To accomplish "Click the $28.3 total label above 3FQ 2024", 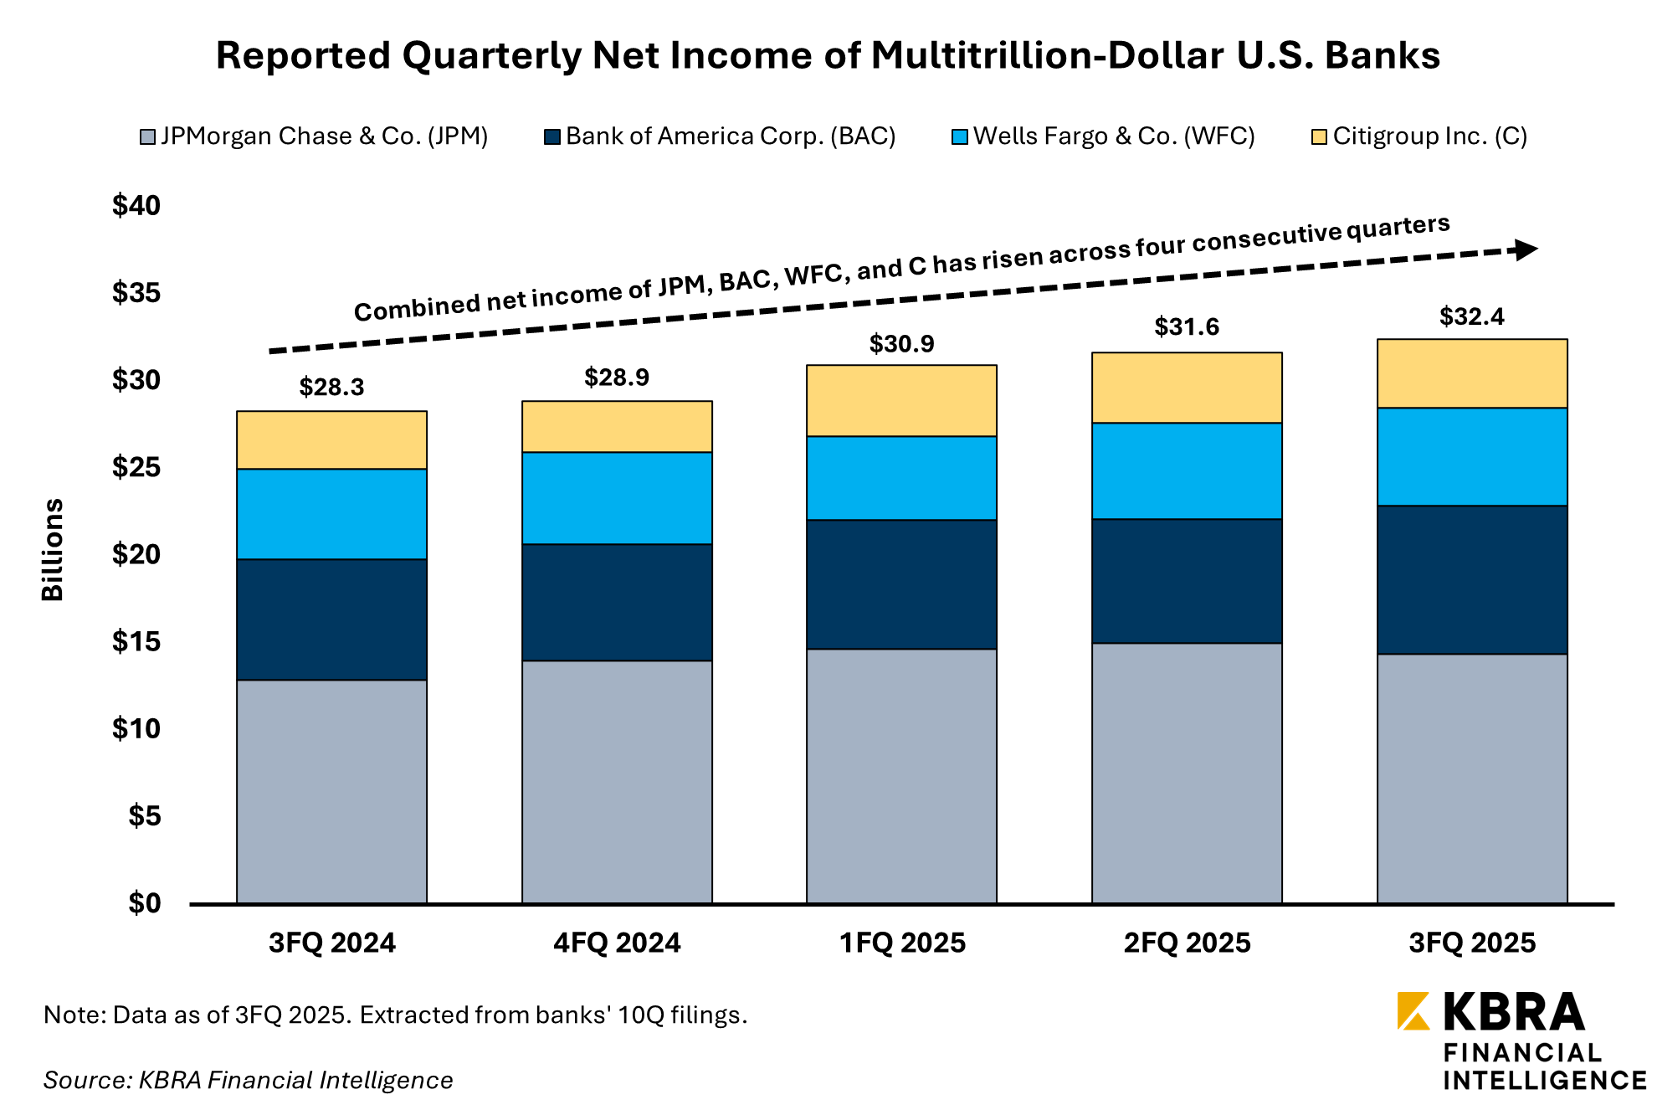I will coord(331,387).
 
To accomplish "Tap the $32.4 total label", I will coord(1471,316).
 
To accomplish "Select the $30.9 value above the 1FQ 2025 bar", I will coord(901,343).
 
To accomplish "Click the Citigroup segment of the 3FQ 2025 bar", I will coord(1471,373).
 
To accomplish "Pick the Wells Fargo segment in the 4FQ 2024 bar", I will coord(617,498).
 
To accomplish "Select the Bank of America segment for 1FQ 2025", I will coord(901,584).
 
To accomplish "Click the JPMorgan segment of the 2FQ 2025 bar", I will coord(1187,773).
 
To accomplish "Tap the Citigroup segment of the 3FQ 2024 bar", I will coord(331,440).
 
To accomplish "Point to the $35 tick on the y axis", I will coord(136,293).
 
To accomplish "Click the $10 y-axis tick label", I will coord(136,729).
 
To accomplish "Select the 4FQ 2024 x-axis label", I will coord(617,943).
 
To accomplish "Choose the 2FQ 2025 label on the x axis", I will coord(1187,943).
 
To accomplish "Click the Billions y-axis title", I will coord(53,550).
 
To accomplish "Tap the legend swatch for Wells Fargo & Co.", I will coord(960,136).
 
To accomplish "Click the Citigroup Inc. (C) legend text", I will coord(1429,136).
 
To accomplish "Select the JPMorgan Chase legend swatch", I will coord(147,136).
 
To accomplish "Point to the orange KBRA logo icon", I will coord(1413,1011).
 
